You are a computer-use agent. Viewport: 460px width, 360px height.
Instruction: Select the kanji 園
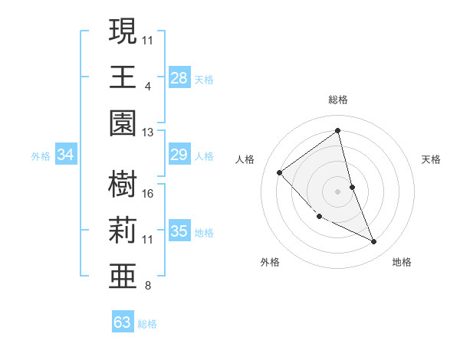click(x=123, y=123)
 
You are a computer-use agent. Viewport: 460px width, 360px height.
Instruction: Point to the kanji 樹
click(x=123, y=184)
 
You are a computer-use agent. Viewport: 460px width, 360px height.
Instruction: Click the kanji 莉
click(x=123, y=229)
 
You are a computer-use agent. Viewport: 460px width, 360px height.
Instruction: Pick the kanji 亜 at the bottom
click(x=123, y=275)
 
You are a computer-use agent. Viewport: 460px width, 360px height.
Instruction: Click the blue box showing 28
click(x=179, y=78)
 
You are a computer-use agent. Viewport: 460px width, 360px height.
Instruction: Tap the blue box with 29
click(x=179, y=155)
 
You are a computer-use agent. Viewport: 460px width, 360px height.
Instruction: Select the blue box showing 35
click(x=179, y=231)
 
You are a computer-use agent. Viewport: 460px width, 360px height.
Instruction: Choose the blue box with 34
click(x=66, y=155)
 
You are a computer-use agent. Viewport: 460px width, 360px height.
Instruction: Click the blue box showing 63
click(x=123, y=322)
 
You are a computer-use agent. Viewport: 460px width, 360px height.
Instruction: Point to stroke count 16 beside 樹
click(x=148, y=193)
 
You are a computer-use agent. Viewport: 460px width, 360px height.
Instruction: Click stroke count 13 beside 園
click(x=148, y=133)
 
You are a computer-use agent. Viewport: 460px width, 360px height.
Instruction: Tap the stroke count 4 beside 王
click(x=147, y=86)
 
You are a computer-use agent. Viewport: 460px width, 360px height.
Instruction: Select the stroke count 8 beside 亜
click(x=147, y=286)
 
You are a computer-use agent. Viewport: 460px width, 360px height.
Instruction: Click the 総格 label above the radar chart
click(x=338, y=100)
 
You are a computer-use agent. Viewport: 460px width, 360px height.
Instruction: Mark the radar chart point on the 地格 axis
click(x=374, y=242)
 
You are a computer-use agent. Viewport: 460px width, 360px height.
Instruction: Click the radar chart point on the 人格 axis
click(x=280, y=172)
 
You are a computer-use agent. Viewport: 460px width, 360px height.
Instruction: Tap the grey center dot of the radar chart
click(x=338, y=191)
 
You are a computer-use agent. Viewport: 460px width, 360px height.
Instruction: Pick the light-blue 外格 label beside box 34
click(x=41, y=156)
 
